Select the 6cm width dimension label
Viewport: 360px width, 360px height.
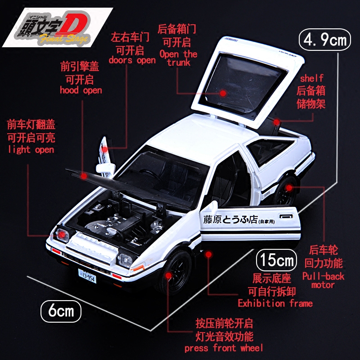[62, 310]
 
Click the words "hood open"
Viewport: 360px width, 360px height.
[81, 90]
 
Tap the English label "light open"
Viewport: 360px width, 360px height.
[31, 149]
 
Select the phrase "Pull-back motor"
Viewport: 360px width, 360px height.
[323, 279]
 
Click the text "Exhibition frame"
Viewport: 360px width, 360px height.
[275, 303]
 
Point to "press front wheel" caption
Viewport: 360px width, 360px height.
[224, 347]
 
